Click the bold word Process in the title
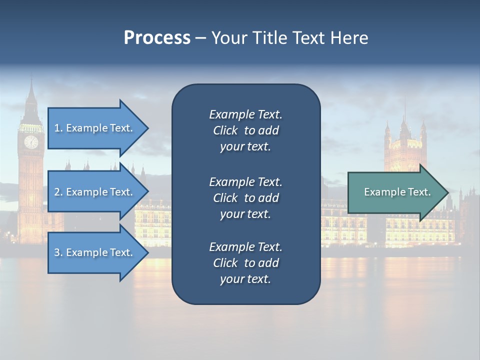tap(157, 38)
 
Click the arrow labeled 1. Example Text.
tap(95, 128)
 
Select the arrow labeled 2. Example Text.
tap(95, 192)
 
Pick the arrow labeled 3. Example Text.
tap(95, 252)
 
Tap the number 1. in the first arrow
tap(58, 128)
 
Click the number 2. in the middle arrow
tap(58, 192)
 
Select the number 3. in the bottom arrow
tap(58, 252)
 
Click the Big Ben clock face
tap(31, 142)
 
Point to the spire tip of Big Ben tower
tap(31, 80)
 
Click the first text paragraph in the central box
tap(245, 130)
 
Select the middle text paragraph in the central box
tap(245, 197)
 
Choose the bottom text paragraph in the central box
tap(245, 263)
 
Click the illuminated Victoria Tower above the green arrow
tap(405, 145)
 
